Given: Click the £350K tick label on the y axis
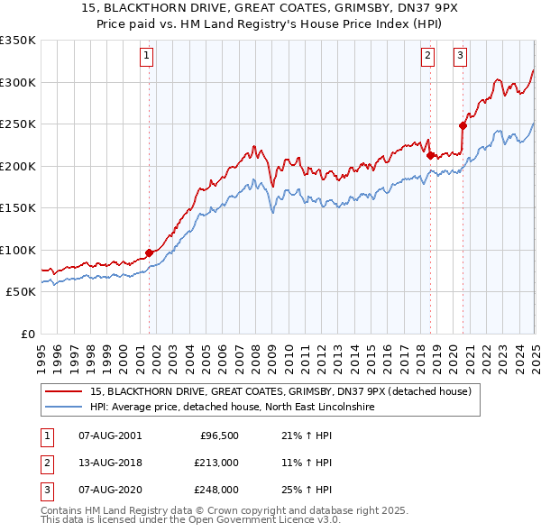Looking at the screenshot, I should pos(18,41).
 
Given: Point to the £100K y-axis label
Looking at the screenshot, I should pos(18,250).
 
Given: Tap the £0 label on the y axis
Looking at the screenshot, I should pos(26,334).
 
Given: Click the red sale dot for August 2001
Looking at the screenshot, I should pos(149,253).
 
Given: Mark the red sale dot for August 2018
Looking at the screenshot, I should pos(429,155).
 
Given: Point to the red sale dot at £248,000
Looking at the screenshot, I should pos(463,125).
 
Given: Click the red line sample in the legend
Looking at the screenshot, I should pos(65,392).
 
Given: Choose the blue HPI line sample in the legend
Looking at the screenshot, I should pos(65,408).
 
